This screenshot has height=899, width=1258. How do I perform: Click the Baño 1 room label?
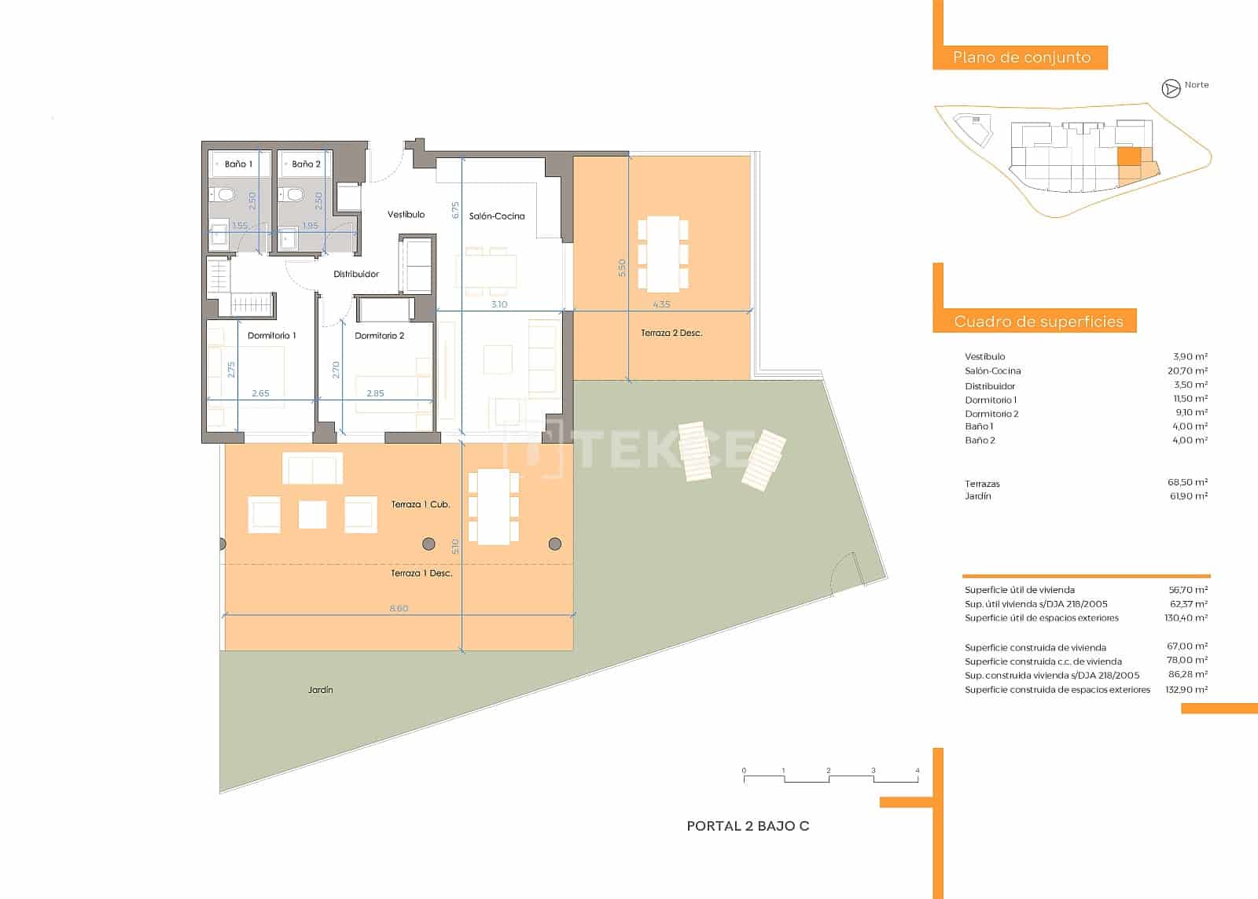click(238, 164)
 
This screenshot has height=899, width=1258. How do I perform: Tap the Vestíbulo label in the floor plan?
click(406, 214)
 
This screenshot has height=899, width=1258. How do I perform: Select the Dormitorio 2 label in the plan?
click(379, 336)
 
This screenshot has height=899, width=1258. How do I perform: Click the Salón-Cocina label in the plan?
click(497, 216)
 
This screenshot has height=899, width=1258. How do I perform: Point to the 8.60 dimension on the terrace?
click(399, 609)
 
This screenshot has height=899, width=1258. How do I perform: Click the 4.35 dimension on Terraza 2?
click(661, 304)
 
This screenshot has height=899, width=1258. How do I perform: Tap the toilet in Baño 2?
click(295, 194)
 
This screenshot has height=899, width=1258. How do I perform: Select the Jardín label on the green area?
click(320, 690)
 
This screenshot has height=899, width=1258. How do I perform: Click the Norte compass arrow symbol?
click(1171, 89)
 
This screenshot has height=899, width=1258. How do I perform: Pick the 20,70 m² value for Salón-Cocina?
click(1187, 370)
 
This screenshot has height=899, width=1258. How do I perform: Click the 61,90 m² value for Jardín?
click(1187, 496)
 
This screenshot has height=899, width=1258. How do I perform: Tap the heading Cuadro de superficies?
click(1038, 321)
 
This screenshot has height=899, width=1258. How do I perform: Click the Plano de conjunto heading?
click(1021, 57)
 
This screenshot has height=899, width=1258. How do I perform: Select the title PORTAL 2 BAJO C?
click(748, 826)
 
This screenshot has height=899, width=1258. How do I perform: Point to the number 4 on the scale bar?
click(917, 771)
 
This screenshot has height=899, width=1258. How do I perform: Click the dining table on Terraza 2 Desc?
click(663, 253)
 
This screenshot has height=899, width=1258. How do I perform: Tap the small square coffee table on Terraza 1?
click(312, 515)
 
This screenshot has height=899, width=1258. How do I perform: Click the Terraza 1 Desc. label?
click(421, 573)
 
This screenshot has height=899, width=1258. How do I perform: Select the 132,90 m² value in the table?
click(1187, 690)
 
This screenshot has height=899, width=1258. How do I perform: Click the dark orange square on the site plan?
click(1128, 156)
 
